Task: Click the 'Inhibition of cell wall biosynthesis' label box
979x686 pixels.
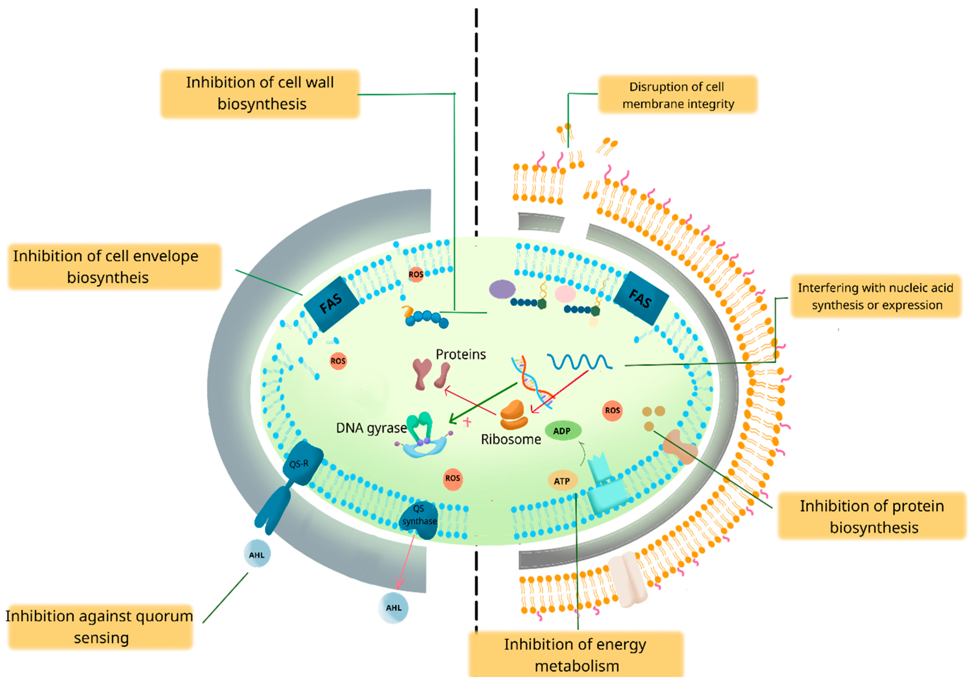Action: (260, 93)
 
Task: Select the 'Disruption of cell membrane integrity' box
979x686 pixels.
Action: (678, 95)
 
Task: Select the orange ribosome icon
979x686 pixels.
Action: (513, 414)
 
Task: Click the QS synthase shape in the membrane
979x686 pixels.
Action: (419, 520)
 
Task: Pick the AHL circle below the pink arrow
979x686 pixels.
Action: (393, 607)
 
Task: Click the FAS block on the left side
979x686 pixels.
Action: (331, 304)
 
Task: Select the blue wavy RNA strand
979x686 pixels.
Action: (579, 362)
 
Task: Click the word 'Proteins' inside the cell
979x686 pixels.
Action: (461, 354)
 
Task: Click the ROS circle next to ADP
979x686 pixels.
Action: (612, 410)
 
